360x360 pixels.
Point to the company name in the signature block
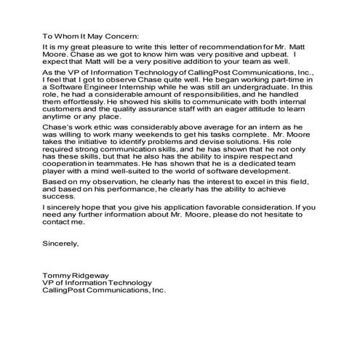[x=104, y=291]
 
